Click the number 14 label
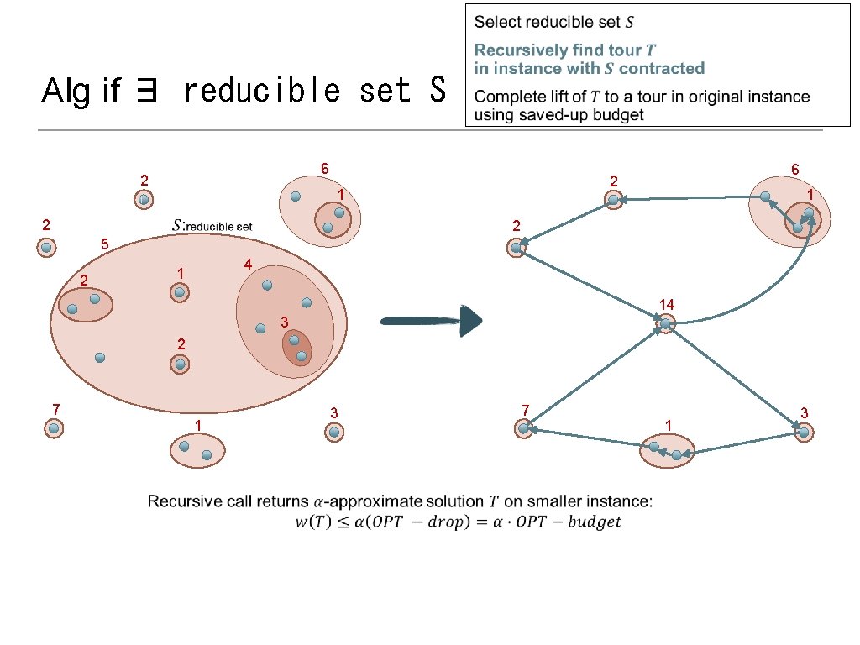tap(667, 303)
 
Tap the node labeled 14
tap(665, 323)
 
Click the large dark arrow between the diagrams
tap(433, 321)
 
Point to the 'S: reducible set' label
tap(212, 225)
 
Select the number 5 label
tap(104, 245)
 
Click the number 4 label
tap(248, 265)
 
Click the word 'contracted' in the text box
tap(662, 68)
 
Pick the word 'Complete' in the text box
tap(508, 97)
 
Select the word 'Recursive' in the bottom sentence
tap(182, 502)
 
